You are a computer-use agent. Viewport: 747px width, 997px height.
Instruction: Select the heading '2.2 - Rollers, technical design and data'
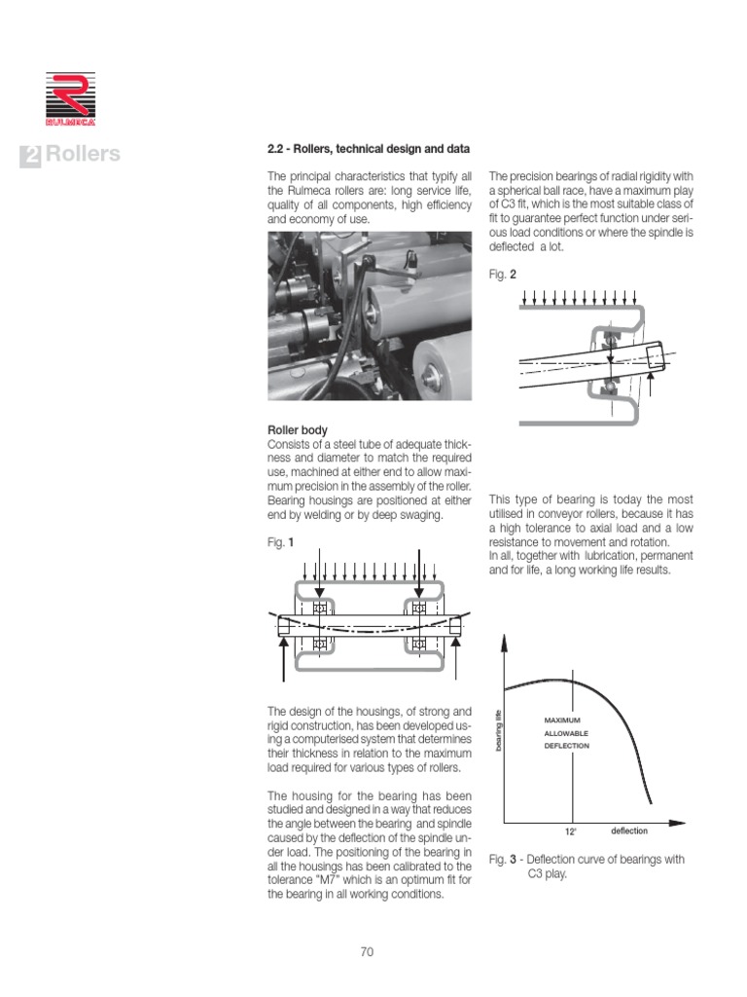pos(369,149)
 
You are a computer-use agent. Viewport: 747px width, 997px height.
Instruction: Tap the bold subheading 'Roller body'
pos(297,429)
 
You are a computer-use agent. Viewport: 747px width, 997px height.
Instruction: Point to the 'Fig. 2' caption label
pos(502,275)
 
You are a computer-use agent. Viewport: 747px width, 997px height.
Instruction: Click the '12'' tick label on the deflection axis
pos(570,832)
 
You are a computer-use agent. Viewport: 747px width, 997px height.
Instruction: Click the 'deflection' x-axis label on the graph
pos(629,831)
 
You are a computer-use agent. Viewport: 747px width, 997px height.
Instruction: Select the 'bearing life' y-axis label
pos(497,732)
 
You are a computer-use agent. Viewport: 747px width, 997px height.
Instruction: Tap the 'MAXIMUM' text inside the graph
pos(562,720)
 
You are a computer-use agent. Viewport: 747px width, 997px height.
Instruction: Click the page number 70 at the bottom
pos(367,952)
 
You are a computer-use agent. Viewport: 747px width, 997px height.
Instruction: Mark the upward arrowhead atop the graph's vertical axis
pos(504,641)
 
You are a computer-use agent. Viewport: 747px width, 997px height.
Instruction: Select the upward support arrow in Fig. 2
pos(652,388)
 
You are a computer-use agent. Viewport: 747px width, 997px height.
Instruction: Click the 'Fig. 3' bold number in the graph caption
pos(512,860)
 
